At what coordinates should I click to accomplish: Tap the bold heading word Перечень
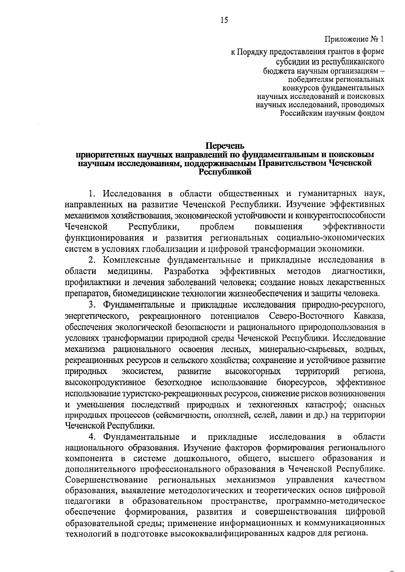(224, 146)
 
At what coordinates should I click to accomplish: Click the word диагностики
(358, 271)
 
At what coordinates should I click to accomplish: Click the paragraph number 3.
(91, 305)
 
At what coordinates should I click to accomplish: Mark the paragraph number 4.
(91, 437)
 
